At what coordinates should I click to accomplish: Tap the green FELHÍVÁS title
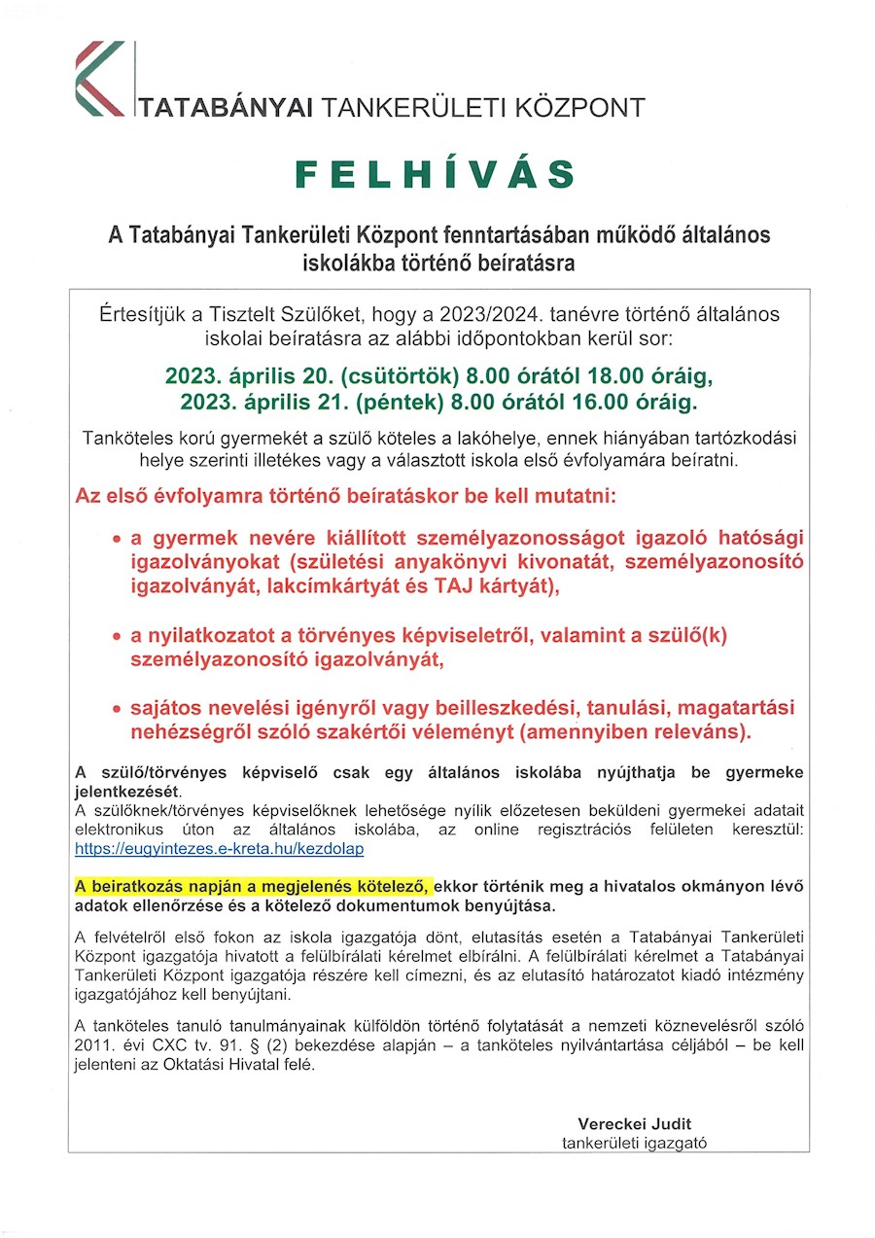(x=436, y=174)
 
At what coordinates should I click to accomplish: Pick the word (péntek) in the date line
(x=381, y=401)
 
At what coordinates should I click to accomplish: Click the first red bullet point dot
(x=117, y=538)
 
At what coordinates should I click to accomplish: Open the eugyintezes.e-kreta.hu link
(x=219, y=849)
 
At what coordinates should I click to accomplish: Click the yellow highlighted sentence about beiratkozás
(x=252, y=886)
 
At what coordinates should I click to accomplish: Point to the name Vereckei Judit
(x=635, y=1123)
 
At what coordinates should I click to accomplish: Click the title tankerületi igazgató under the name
(x=634, y=1143)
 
